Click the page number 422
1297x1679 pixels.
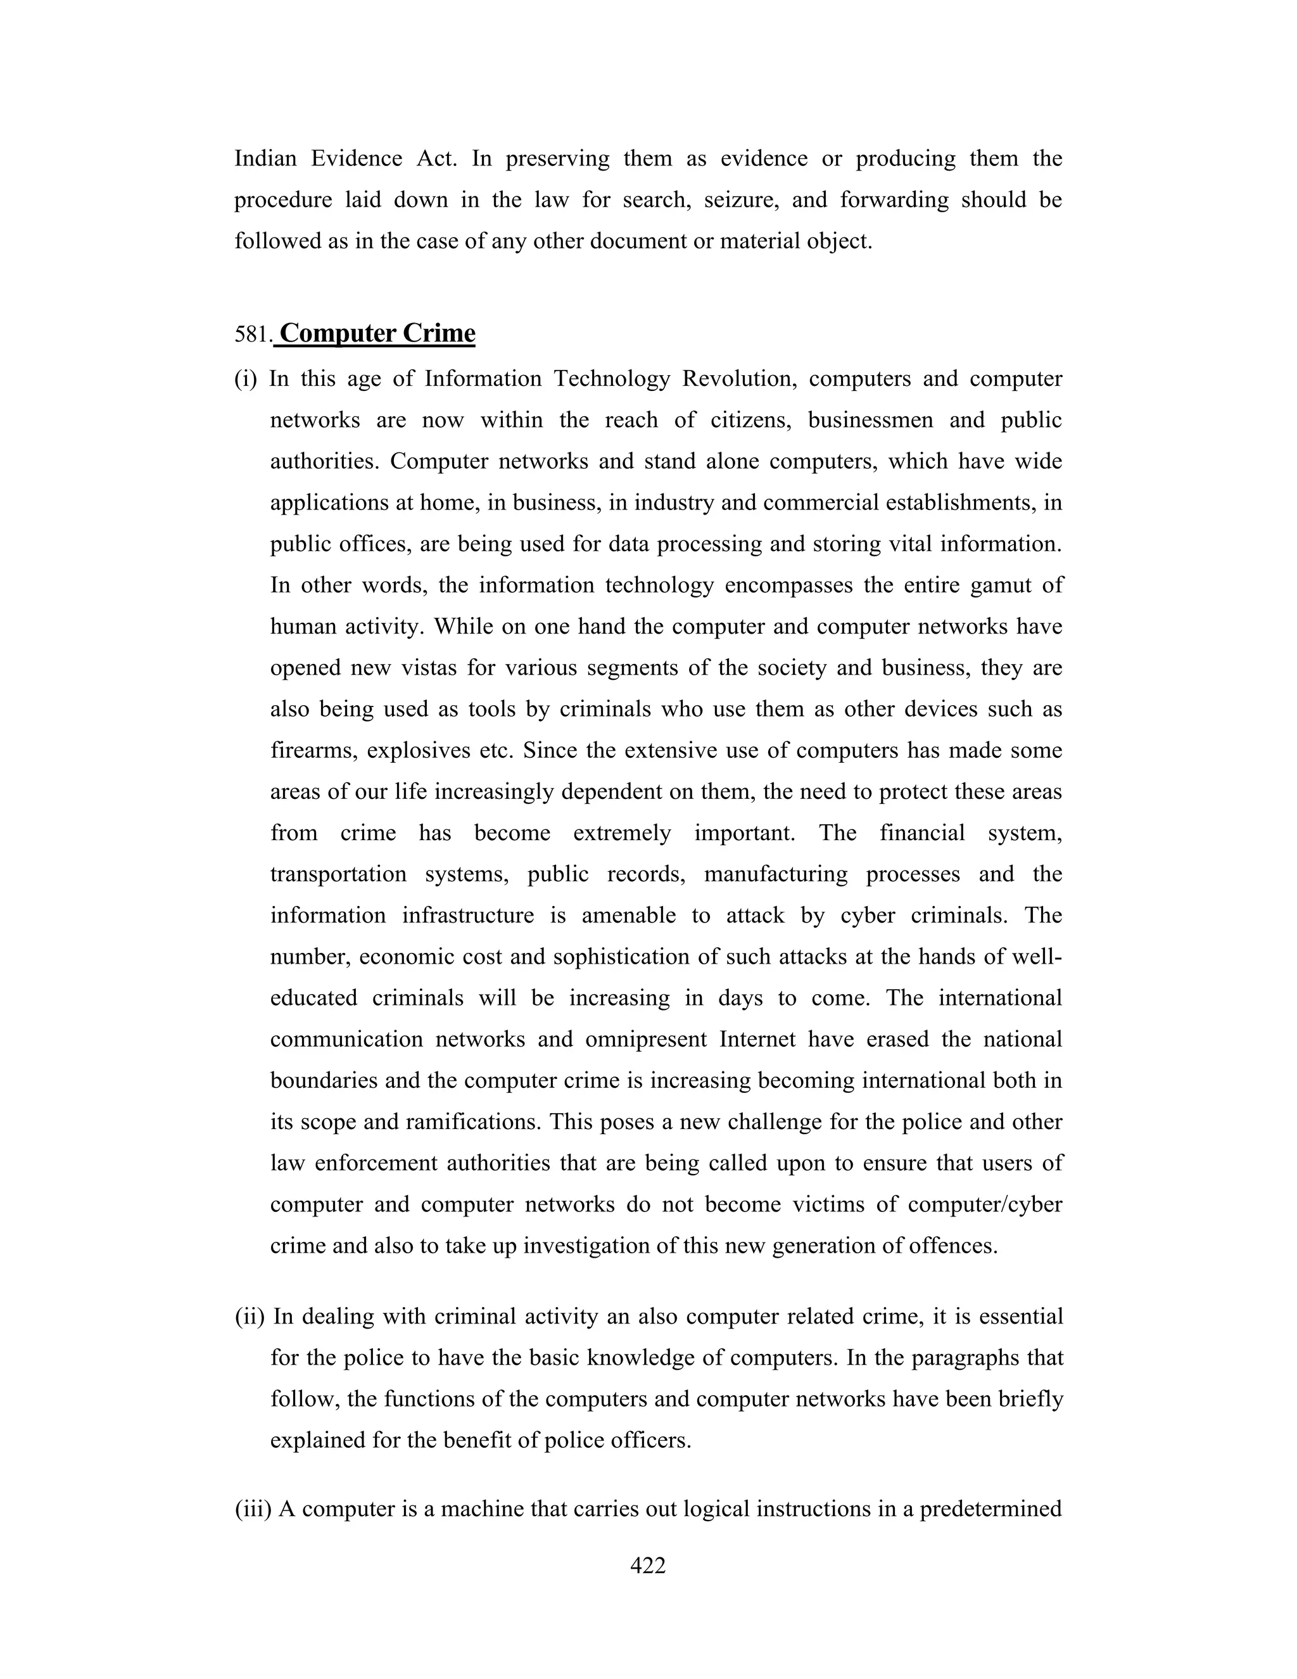click(647, 1565)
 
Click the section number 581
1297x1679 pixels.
click(252, 335)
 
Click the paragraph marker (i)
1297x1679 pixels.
click(246, 380)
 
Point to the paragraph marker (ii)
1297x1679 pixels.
click(249, 1316)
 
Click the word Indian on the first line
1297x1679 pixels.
click(265, 158)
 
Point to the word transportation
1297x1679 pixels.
click(338, 875)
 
